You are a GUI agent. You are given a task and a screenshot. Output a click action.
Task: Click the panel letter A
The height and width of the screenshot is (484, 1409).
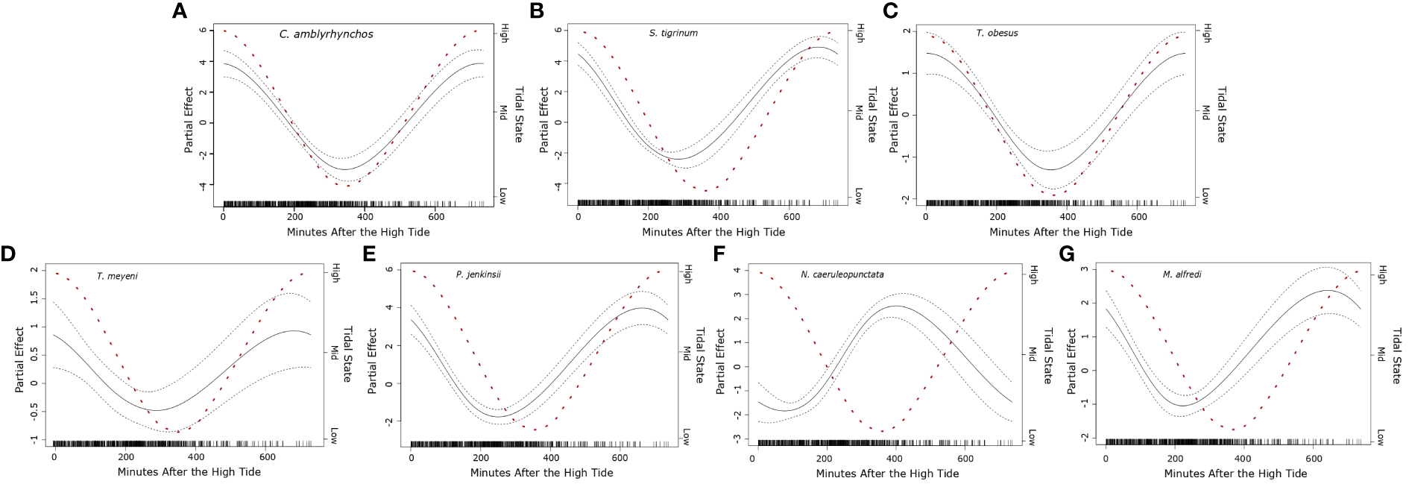pos(179,11)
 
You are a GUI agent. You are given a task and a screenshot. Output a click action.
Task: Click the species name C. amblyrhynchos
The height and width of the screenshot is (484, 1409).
pos(326,34)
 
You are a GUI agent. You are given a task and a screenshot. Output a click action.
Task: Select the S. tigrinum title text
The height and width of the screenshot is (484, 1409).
pos(673,34)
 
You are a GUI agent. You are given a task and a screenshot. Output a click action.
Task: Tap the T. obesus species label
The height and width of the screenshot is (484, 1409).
pos(997,34)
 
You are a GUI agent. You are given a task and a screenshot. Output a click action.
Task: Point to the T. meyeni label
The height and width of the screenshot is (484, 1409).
pos(117,276)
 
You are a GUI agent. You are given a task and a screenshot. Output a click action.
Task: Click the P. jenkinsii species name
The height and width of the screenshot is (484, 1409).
pos(478,274)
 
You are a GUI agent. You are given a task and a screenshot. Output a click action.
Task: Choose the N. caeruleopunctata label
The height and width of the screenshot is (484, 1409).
pos(842,274)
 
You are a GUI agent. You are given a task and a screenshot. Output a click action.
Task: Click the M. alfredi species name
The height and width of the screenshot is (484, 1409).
pos(1182,274)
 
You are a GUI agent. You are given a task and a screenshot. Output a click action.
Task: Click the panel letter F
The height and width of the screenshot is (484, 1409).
pos(719,254)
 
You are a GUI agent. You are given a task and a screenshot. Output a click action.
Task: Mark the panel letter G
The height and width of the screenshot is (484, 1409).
pos(1067,254)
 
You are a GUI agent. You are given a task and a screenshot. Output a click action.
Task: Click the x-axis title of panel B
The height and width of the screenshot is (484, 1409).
pos(713,232)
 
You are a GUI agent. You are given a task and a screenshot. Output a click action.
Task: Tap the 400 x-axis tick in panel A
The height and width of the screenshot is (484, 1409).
pos(365,217)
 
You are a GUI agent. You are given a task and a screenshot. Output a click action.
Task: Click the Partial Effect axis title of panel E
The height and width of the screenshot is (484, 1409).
pos(372,360)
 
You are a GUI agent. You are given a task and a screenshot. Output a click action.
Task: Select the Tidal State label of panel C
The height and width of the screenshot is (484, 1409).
pos(1220,114)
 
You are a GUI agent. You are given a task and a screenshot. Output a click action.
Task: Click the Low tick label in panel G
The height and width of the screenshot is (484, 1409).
pos(1379,438)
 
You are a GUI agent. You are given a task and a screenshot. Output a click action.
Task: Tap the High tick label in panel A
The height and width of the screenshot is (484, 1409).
pos(504,33)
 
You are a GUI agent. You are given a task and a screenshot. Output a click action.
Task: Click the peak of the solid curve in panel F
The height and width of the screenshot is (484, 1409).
pos(895,306)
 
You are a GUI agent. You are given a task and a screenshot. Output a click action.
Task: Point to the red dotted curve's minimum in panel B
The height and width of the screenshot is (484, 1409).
pos(705,190)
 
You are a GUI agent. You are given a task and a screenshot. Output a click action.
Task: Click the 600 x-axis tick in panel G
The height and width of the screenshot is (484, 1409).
pos(1313,459)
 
